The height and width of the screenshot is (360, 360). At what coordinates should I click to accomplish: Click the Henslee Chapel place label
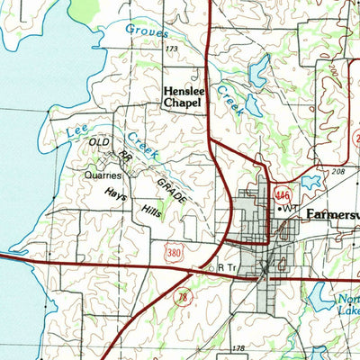click(x=182, y=96)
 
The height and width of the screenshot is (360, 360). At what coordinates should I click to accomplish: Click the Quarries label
click(x=103, y=176)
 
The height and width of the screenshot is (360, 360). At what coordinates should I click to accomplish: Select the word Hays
click(x=115, y=193)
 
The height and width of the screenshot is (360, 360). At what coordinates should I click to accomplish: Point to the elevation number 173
click(x=172, y=47)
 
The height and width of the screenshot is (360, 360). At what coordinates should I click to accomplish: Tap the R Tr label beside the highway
click(x=224, y=267)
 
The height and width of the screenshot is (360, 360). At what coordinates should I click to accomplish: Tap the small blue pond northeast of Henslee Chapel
click(x=258, y=70)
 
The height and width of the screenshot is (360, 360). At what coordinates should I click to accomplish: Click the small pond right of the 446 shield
click(x=312, y=182)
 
